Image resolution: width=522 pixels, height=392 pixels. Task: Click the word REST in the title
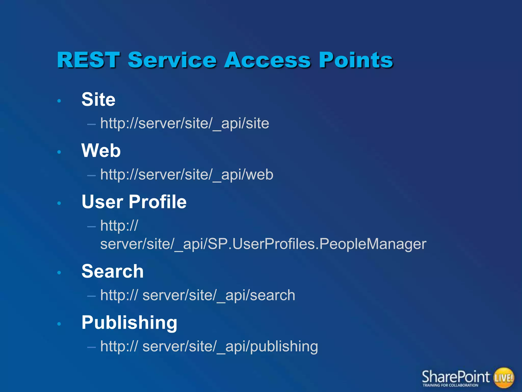pos(88,60)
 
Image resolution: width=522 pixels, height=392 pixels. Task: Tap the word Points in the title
pos(356,60)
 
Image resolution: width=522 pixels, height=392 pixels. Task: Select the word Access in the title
pos(268,60)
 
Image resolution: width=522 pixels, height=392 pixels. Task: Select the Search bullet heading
pos(112,271)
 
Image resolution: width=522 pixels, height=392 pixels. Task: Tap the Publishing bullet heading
pos(129,323)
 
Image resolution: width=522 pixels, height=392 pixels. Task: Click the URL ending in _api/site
pos(185,124)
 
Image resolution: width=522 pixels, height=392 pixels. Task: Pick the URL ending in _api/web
pos(187,175)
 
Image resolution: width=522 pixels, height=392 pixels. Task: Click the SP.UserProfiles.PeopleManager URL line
pos(263,244)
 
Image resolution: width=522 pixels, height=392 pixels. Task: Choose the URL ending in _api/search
pos(198,295)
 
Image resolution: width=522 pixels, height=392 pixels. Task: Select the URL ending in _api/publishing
pos(209,347)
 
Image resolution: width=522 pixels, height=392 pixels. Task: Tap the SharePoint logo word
pos(456,377)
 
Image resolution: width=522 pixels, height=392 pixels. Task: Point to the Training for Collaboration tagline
pos(450,385)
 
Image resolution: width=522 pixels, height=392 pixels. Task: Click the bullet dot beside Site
pos(59,101)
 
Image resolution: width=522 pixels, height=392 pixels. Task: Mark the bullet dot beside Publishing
pos(59,324)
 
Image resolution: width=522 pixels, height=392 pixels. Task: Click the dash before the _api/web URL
pos(91,176)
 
